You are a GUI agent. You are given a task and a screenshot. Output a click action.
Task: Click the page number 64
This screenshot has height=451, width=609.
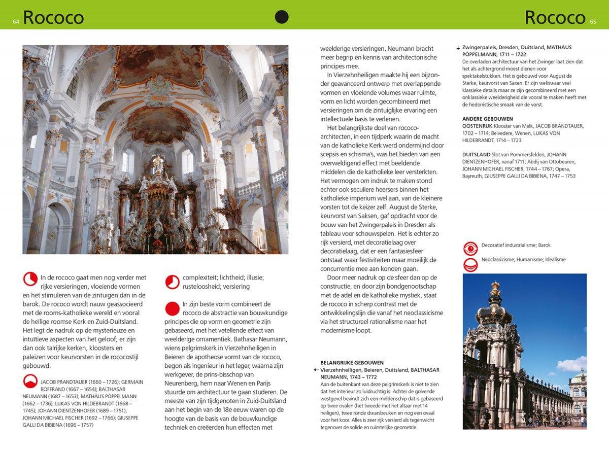coord(16,22)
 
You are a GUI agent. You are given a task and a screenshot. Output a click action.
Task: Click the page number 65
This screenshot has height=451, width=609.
coord(593,22)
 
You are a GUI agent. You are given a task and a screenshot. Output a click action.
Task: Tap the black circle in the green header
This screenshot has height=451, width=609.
coord(282,17)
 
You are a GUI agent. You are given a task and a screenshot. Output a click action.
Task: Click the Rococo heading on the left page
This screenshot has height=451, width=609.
coord(53,17)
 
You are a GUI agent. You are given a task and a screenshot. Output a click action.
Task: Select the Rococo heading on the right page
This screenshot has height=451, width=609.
coord(555,17)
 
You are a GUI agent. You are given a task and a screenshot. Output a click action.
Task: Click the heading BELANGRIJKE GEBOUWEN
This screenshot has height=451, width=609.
coord(345,363)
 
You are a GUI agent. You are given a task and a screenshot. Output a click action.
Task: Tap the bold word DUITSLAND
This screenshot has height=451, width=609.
coord(475,154)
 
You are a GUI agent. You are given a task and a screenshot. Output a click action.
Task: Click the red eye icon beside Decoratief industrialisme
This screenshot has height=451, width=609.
coord(470,248)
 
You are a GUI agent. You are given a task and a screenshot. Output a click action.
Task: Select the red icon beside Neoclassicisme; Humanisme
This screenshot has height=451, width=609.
coord(470,264)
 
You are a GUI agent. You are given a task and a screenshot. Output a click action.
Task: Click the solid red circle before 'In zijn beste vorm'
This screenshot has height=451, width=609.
coord(173,308)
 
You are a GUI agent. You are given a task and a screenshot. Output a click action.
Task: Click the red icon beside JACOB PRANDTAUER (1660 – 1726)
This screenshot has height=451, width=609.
coord(30,381)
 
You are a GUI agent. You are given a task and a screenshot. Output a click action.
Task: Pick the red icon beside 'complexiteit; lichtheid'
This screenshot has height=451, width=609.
coord(173,282)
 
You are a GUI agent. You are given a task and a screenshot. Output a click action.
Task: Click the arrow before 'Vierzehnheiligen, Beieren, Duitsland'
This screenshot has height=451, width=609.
coord(316,370)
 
